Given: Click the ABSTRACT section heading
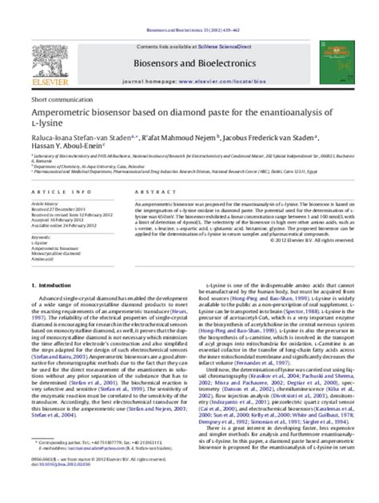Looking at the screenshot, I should (133, 194).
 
